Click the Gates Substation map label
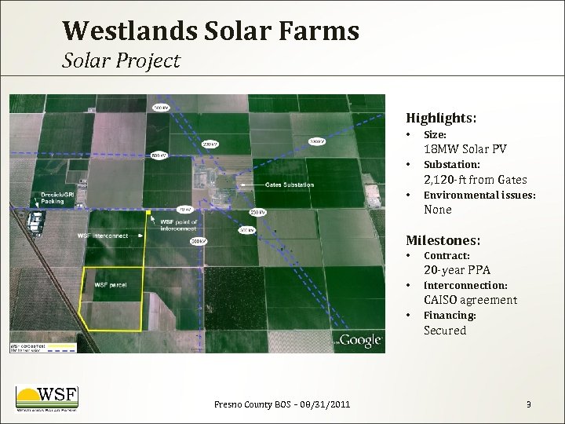[289, 185]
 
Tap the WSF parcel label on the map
[111, 284]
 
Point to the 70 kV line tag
[184, 210]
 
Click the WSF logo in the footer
[47, 398]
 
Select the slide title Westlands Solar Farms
[210, 30]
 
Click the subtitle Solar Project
[122, 60]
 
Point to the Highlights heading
[441, 118]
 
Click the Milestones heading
[443, 239]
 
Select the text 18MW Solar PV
[465, 149]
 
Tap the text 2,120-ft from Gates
[475, 180]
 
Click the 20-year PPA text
[457, 270]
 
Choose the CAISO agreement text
[470, 300]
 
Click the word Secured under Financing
[445, 331]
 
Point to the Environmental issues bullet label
[479, 195]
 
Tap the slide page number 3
[528, 404]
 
